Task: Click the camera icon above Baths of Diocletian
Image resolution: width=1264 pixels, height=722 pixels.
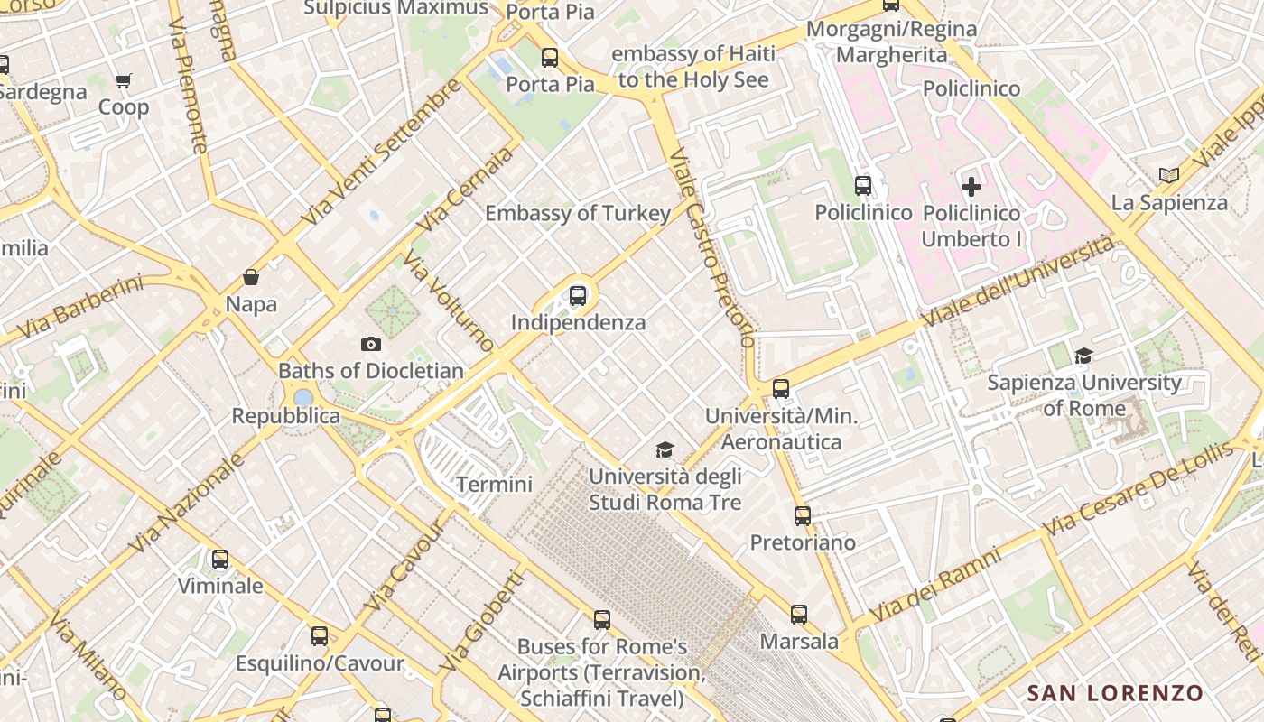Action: (370, 344)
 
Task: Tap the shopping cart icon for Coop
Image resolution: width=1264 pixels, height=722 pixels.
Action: (124, 81)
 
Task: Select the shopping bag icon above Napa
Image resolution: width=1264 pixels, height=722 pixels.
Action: (251, 277)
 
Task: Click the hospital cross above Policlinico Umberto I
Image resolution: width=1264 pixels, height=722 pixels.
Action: (971, 187)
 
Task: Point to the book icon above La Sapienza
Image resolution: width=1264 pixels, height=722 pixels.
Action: (1169, 175)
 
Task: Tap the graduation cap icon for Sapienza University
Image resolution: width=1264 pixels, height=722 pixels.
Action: (1083, 356)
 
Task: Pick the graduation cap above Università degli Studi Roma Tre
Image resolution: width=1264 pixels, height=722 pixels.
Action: (665, 449)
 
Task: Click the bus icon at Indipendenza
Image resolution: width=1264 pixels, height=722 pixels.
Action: (578, 295)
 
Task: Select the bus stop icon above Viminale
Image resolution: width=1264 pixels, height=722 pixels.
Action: (220, 560)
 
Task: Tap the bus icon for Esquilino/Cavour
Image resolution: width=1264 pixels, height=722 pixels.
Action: (320, 636)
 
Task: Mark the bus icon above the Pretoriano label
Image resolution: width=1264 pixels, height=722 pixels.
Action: (803, 516)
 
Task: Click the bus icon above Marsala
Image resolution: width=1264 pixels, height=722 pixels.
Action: (799, 615)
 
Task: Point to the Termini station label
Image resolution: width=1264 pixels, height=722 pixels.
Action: (494, 485)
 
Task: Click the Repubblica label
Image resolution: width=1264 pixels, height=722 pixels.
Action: (286, 416)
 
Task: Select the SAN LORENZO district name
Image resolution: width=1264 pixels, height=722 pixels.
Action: (1115, 693)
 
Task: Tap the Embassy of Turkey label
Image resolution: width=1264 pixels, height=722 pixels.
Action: (578, 214)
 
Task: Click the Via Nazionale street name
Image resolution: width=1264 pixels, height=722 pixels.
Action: (188, 503)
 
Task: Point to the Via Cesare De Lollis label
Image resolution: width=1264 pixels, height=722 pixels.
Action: (1138, 489)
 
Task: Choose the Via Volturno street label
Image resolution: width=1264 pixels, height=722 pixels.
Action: (449, 301)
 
